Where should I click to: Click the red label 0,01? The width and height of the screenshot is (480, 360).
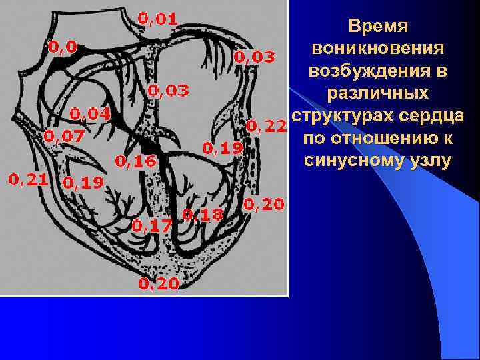click(x=157, y=19)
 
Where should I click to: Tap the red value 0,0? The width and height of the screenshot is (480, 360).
click(x=62, y=47)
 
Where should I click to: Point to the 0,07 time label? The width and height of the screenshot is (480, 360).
click(x=64, y=136)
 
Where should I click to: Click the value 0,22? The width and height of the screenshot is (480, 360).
click(x=266, y=125)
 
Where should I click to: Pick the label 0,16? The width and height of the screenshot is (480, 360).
click(x=135, y=161)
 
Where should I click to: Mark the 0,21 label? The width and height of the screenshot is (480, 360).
click(x=28, y=179)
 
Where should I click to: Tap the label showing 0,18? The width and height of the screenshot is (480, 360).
click(x=203, y=215)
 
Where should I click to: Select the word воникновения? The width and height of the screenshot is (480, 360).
click(x=379, y=49)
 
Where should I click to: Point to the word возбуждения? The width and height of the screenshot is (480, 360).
click(x=379, y=71)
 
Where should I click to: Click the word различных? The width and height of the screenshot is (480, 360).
click(x=379, y=93)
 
